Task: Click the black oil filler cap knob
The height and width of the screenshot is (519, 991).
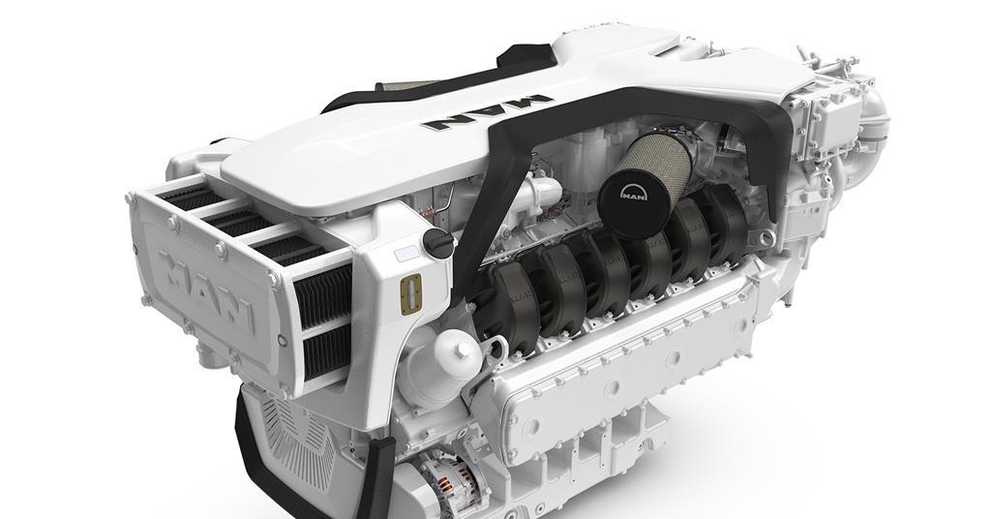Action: [438, 243]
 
